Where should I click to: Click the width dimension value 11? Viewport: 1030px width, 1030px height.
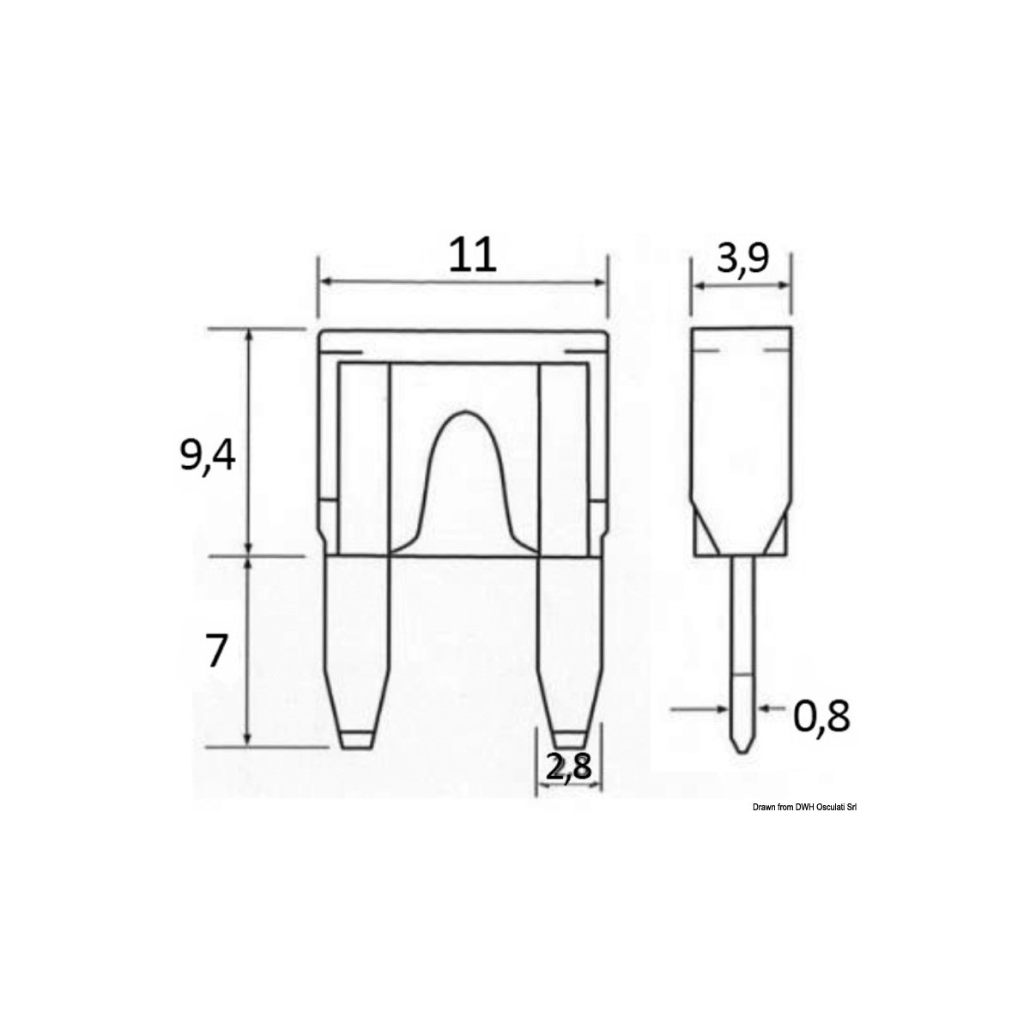pos(472,255)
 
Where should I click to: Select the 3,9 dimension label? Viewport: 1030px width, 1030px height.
pos(742,257)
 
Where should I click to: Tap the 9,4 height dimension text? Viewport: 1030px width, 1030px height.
pos(207,456)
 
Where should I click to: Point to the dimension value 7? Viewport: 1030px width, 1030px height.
pos(215,652)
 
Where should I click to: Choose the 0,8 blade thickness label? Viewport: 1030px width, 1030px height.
pos(821,717)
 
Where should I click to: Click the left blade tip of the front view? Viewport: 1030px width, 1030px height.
pos(357,738)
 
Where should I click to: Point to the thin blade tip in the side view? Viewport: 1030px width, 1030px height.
pos(742,738)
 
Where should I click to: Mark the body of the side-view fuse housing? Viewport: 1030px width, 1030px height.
pos(742,429)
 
